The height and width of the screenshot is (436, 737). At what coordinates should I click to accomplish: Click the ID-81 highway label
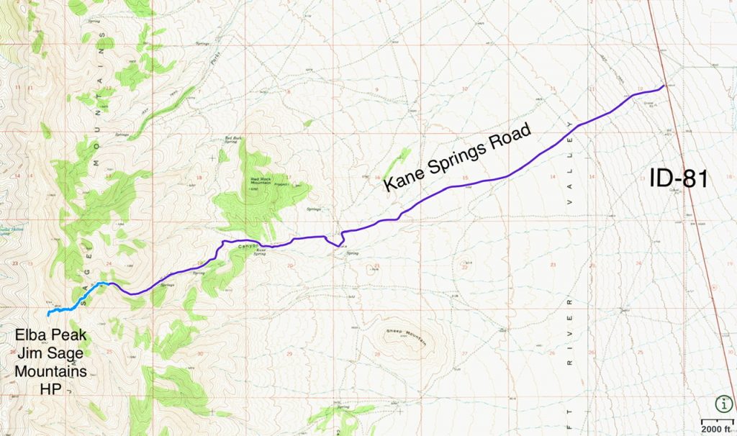(x=679, y=178)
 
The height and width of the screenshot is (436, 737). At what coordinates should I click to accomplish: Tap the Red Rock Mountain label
(x=264, y=181)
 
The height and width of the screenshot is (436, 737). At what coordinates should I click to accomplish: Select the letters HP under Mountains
(x=53, y=389)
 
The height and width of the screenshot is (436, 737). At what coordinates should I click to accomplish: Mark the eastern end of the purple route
(x=664, y=86)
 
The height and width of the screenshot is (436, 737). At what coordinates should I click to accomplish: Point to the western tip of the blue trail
(x=48, y=314)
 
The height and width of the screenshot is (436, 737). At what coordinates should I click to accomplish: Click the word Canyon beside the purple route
(x=247, y=247)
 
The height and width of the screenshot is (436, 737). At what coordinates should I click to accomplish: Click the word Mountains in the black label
(x=53, y=371)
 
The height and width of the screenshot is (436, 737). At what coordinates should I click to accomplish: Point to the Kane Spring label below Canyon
(x=263, y=252)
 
